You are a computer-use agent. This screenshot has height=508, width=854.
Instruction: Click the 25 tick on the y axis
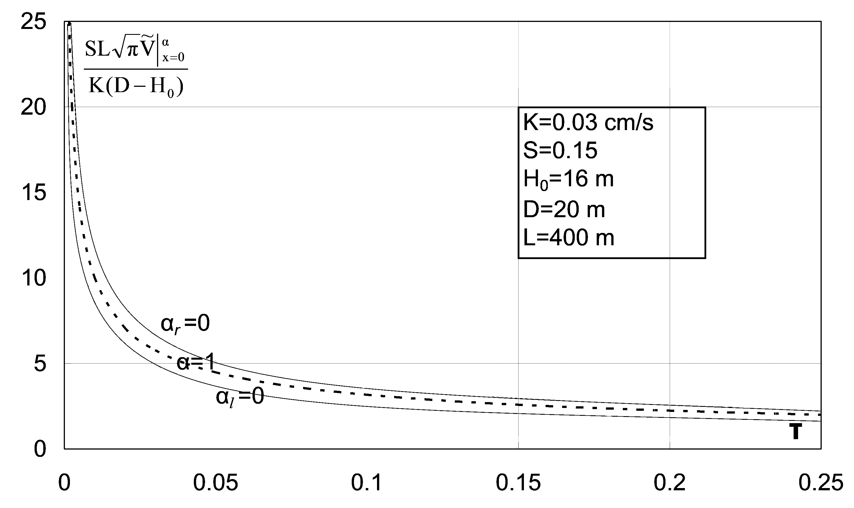point(33,22)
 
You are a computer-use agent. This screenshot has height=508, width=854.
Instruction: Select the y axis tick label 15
point(33,192)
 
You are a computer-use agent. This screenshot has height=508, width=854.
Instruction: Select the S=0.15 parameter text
point(560,150)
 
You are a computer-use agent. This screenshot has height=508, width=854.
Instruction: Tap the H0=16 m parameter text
point(568,179)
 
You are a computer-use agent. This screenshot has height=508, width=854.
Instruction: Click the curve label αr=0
point(185,324)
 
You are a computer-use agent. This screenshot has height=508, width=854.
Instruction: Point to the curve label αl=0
point(240,397)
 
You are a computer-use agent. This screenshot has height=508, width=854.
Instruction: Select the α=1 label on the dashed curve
point(195,362)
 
